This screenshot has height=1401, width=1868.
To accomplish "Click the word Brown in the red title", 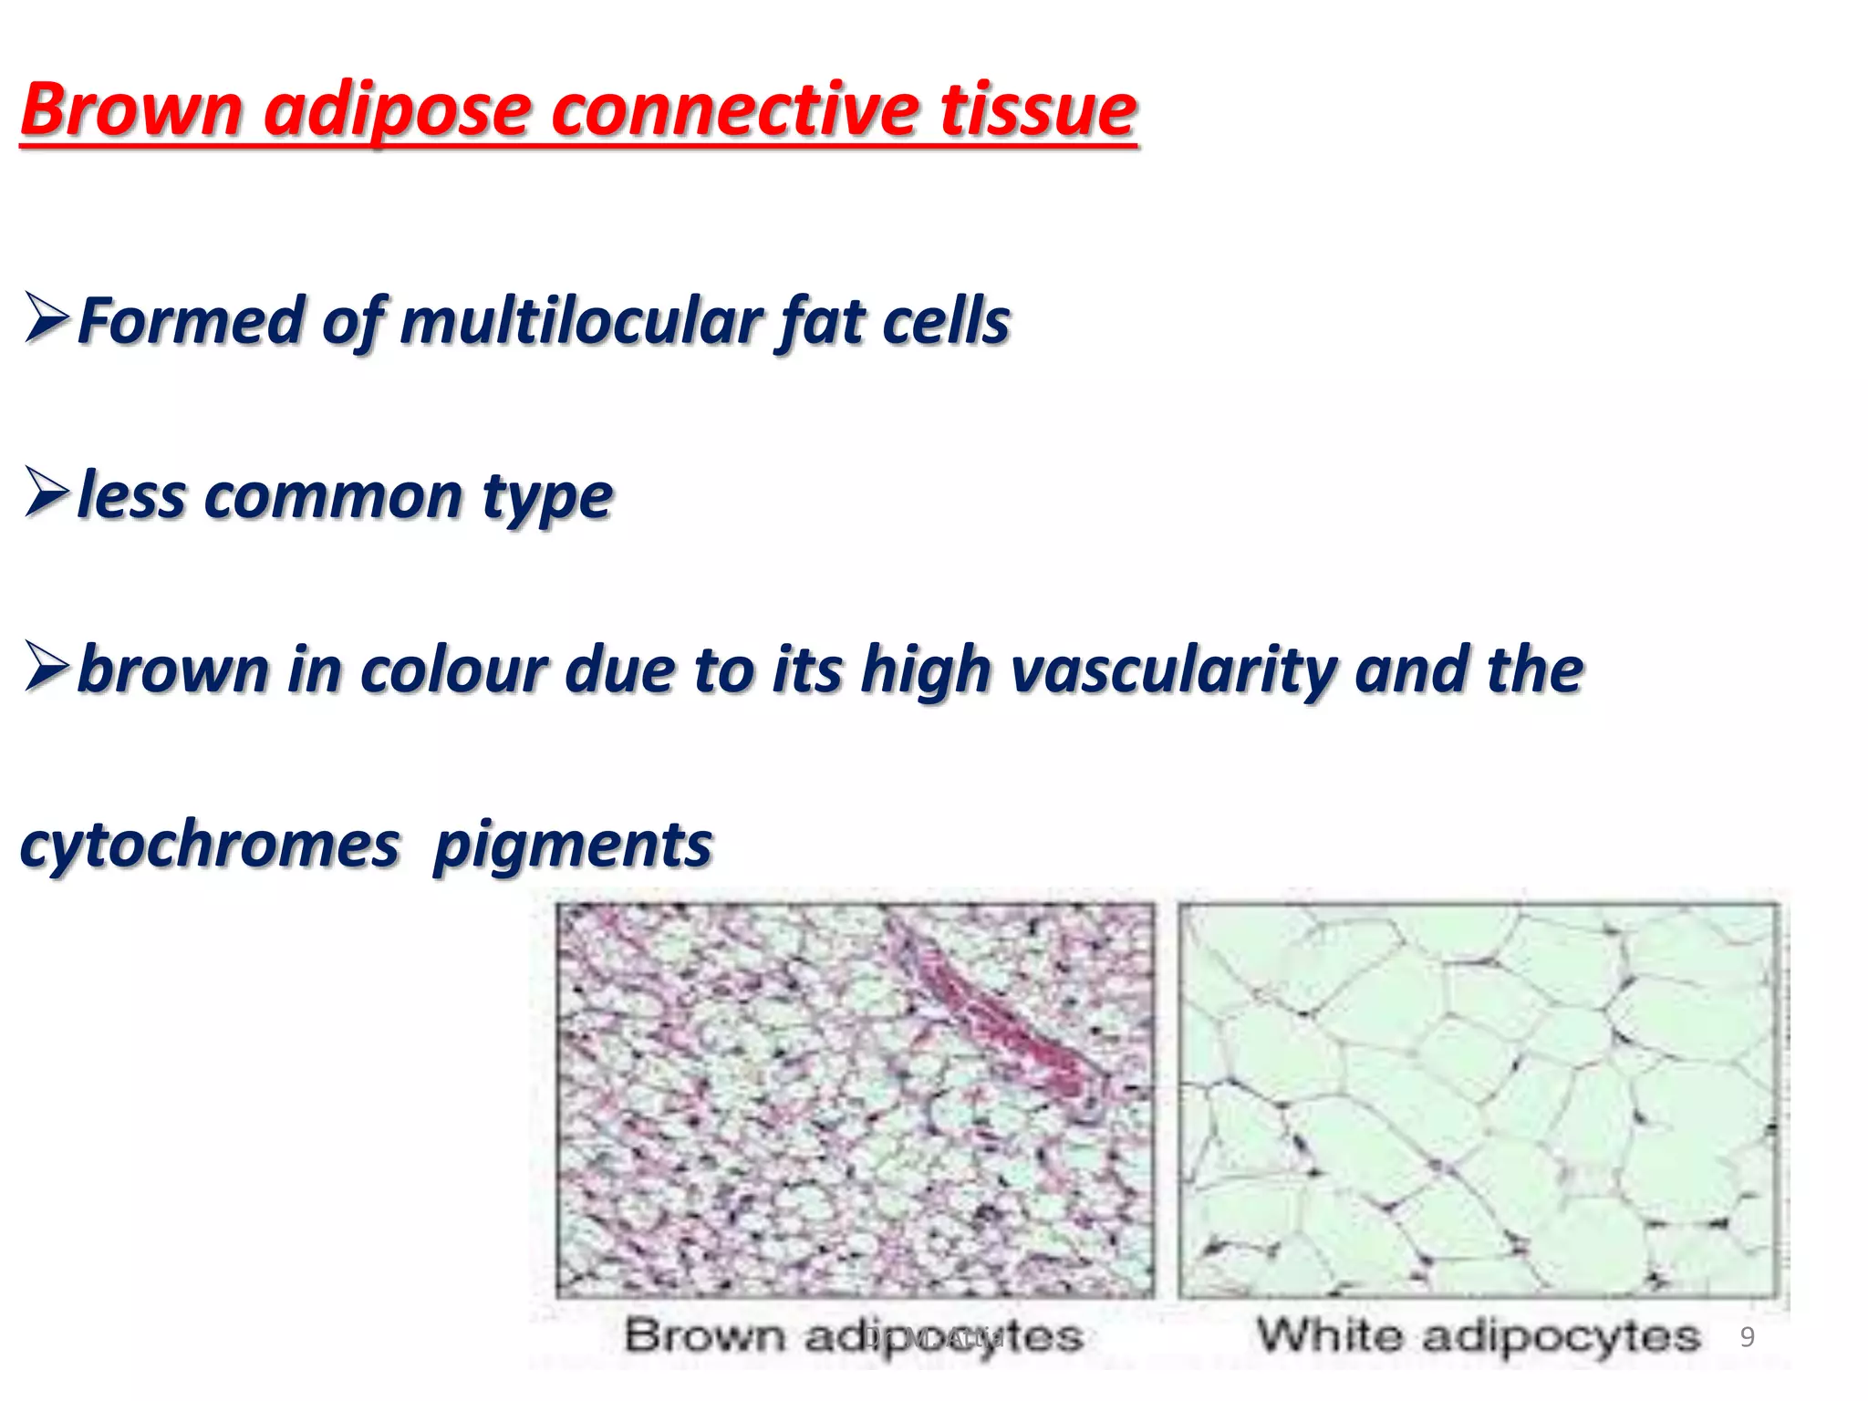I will pos(131,110).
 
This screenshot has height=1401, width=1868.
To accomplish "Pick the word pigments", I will pos(573,846).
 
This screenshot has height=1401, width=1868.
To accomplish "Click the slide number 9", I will pos(1747,1337).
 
